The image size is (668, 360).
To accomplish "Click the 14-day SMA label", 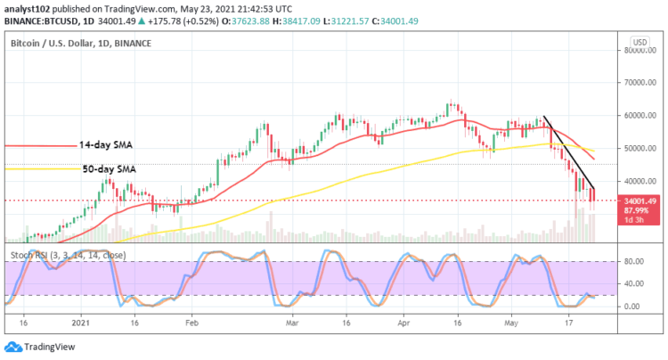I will (x=106, y=144).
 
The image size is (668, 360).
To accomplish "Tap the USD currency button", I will (x=639, y=42).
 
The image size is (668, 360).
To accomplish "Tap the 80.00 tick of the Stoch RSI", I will (x=631, y=262).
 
